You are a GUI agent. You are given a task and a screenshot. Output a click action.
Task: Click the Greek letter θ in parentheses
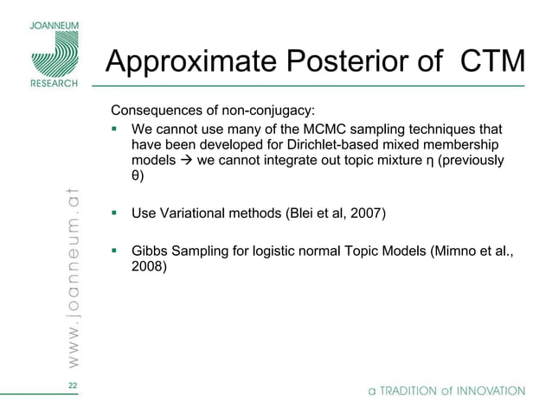click(x=135, y=176)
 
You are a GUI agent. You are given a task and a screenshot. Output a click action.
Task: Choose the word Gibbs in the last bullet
click(x=149, y=251)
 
